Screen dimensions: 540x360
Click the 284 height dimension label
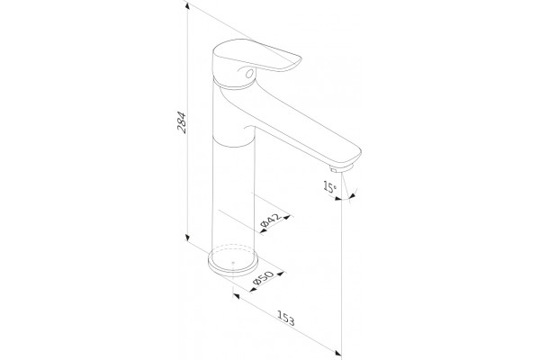coord(182,122)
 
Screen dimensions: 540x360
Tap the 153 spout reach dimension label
coord(286,319)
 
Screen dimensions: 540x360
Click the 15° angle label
coord(329,186)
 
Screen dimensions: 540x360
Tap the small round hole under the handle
coord(249,73)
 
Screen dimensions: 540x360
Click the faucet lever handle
coord(256,56)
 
